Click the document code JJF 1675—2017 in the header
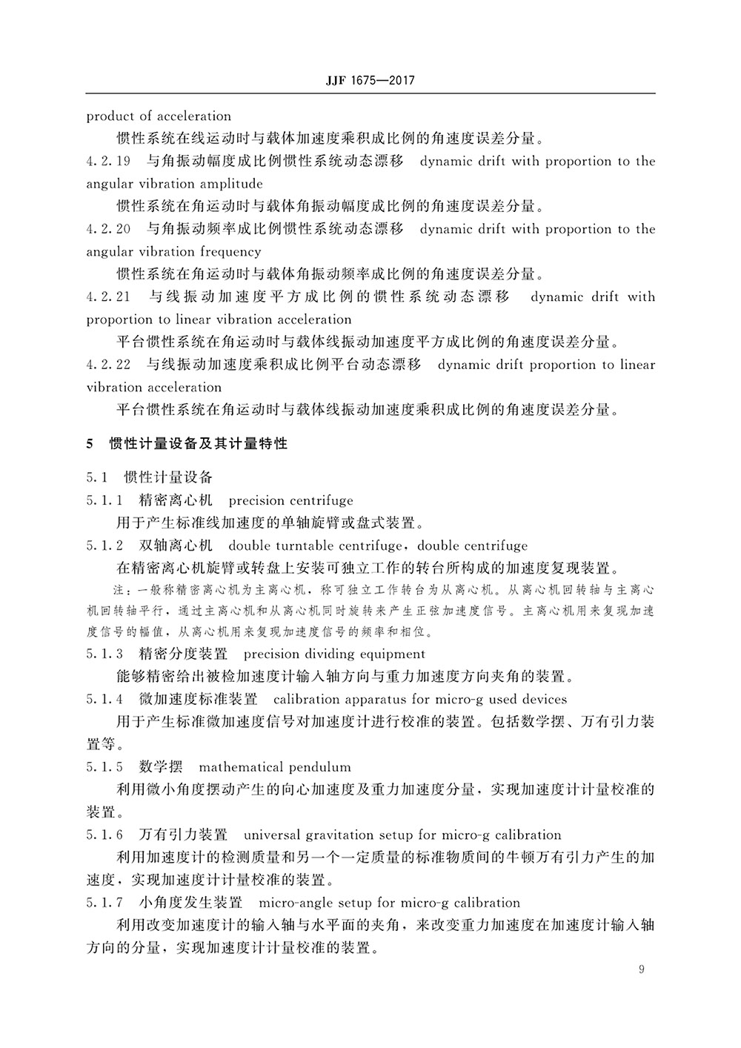369,80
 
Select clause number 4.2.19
108,162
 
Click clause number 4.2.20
108,229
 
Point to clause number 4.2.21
108,297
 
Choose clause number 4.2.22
108,365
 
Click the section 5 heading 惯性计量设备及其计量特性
198,444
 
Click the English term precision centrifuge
291,501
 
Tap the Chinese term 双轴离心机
176,546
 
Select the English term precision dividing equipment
334,654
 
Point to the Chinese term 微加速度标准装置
198,700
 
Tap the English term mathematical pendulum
275,767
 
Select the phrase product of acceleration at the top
159,116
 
